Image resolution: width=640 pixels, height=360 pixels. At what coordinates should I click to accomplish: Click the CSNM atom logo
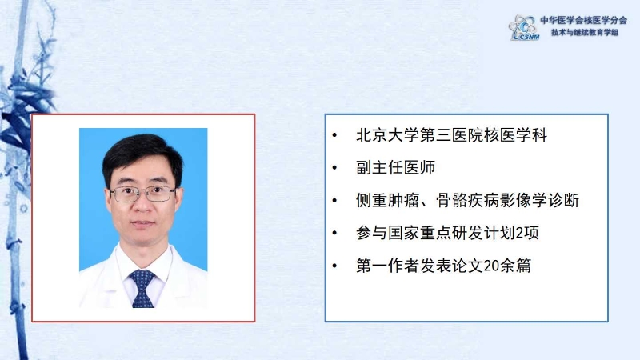coord(524,27)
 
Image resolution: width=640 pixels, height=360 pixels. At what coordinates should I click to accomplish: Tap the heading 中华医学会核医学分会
coord(584,20)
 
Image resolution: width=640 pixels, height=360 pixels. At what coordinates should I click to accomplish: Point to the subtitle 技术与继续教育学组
coord(585,32)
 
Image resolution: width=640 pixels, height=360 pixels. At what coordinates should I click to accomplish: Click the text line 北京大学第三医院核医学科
coord(451,135)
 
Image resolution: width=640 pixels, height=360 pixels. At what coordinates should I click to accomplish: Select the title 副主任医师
coord(395,167)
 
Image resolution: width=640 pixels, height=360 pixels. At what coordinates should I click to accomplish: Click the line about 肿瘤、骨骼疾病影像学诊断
coord(467,201)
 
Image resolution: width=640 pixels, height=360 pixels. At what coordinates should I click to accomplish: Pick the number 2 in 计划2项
coord(519,233)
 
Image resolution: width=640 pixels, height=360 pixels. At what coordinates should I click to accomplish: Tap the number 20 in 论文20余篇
coord(491,266)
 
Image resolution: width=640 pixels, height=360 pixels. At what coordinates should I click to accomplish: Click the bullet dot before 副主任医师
coord(334,167)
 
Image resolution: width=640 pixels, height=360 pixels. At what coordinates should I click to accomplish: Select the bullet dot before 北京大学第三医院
coord(334,135)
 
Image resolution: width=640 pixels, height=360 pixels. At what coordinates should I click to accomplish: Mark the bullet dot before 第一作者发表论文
coord(334,266)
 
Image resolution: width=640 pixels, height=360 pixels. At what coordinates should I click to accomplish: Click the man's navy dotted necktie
coord(142,288)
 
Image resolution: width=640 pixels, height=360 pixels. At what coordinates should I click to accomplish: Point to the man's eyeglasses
coord(142,194)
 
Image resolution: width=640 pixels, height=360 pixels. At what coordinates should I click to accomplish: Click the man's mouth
coord(142,224)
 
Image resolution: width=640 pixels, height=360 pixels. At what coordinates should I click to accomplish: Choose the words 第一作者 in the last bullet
coord(388,266)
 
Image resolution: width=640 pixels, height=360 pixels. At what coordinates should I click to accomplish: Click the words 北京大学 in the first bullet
coord(388,135)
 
